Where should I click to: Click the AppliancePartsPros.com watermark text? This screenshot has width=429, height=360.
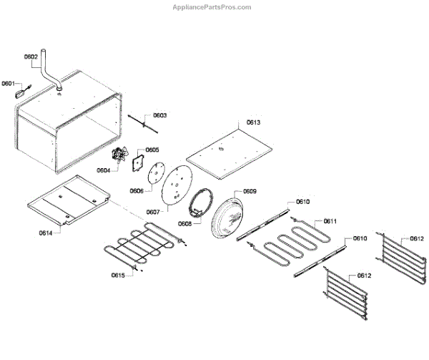[212, 7]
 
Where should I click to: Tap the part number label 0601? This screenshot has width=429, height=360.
[8, 83]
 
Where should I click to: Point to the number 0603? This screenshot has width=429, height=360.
[160, 115]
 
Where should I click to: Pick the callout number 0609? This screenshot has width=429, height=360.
[250, 191]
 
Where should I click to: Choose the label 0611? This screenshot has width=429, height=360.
[330, 221]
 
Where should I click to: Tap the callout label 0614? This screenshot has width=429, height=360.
[45, 233]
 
